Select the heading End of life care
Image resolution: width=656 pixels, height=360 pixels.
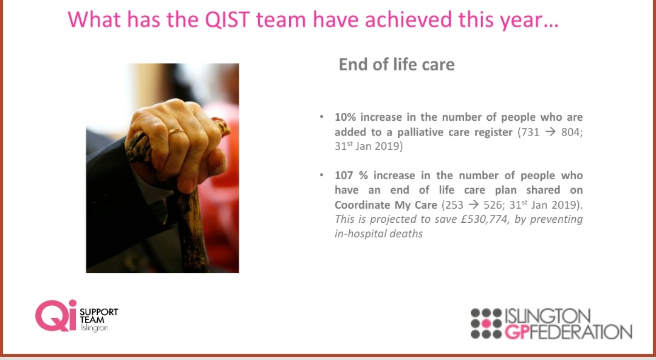click(x=396, y=64)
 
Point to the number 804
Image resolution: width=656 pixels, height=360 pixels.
click(x=570, y=132)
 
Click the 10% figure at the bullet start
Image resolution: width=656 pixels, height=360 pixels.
click(x=346, y=117)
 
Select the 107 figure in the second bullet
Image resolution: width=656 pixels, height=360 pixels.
click(x=345, y=175)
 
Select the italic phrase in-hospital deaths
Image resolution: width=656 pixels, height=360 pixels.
click(x=378, y=234)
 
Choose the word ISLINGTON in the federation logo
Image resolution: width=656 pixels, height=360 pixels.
click(x=547, y=316)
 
